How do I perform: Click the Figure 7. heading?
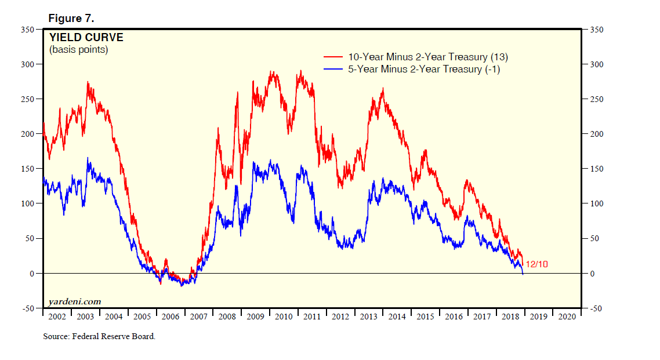pyautogui.click(x=71, y=19)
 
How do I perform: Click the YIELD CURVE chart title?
pyautogui.click(x=86, y=38)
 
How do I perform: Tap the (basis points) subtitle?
pyautogui.click(x=79, y=50)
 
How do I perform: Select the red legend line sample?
pyautogui.click(x=333, y=57)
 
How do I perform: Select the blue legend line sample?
pyautogui.click(x=333, y=70)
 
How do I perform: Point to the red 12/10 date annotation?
pyautogui.click(x=536, y=264)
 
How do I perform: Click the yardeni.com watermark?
pyautogui.click(x=75, y=301)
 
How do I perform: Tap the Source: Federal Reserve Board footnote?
pyautogui.click(x=99, y=336)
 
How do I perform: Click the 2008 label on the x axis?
pyautogui.click(x=227, y=317)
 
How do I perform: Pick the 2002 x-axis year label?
pyautogui.click(x=57, y=317)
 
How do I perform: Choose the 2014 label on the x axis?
pyautogui.click(x=397, y=317)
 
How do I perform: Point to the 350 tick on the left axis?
pyautogui.click(x=28, y=30)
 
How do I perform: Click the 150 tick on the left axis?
pyautogui.click(x=28, y=169)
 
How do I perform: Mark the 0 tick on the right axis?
pyautogui.click(x=592, y=274)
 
